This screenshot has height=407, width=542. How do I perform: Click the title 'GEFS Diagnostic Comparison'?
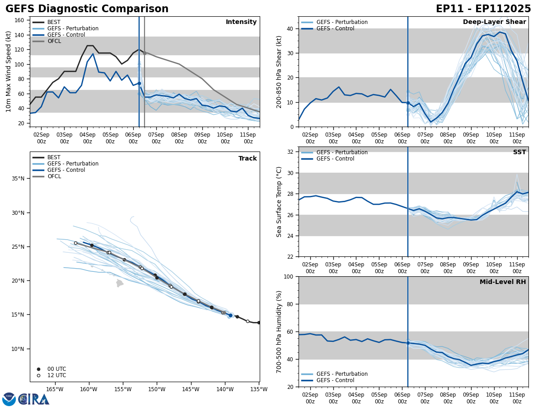click(x=87, y=9)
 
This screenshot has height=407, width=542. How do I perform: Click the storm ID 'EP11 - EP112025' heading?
click(x=483, y=9)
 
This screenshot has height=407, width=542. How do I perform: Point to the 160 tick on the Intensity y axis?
click(x=20, y=20)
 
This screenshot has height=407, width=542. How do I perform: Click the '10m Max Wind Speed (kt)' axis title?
click(x=9, y=71)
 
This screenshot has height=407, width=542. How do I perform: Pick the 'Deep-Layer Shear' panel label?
click(x=494, y=22)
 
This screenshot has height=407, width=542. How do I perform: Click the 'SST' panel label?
click(x=519, y=152)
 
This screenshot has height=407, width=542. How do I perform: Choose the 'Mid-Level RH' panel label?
click(x=503, y=282)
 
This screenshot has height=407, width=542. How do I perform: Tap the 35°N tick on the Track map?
click(x=18, y=179)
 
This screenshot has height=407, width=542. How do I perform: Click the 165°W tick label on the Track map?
click(x=54, y=389)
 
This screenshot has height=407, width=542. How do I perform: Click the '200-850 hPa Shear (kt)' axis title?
click(x=280, y=71)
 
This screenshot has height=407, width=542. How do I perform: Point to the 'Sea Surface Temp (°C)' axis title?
click(x=280, y=202)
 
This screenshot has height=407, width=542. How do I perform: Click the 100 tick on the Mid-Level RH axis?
click(x=288, y=276)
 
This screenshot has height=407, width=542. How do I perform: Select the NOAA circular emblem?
click(x=9, y=399)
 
